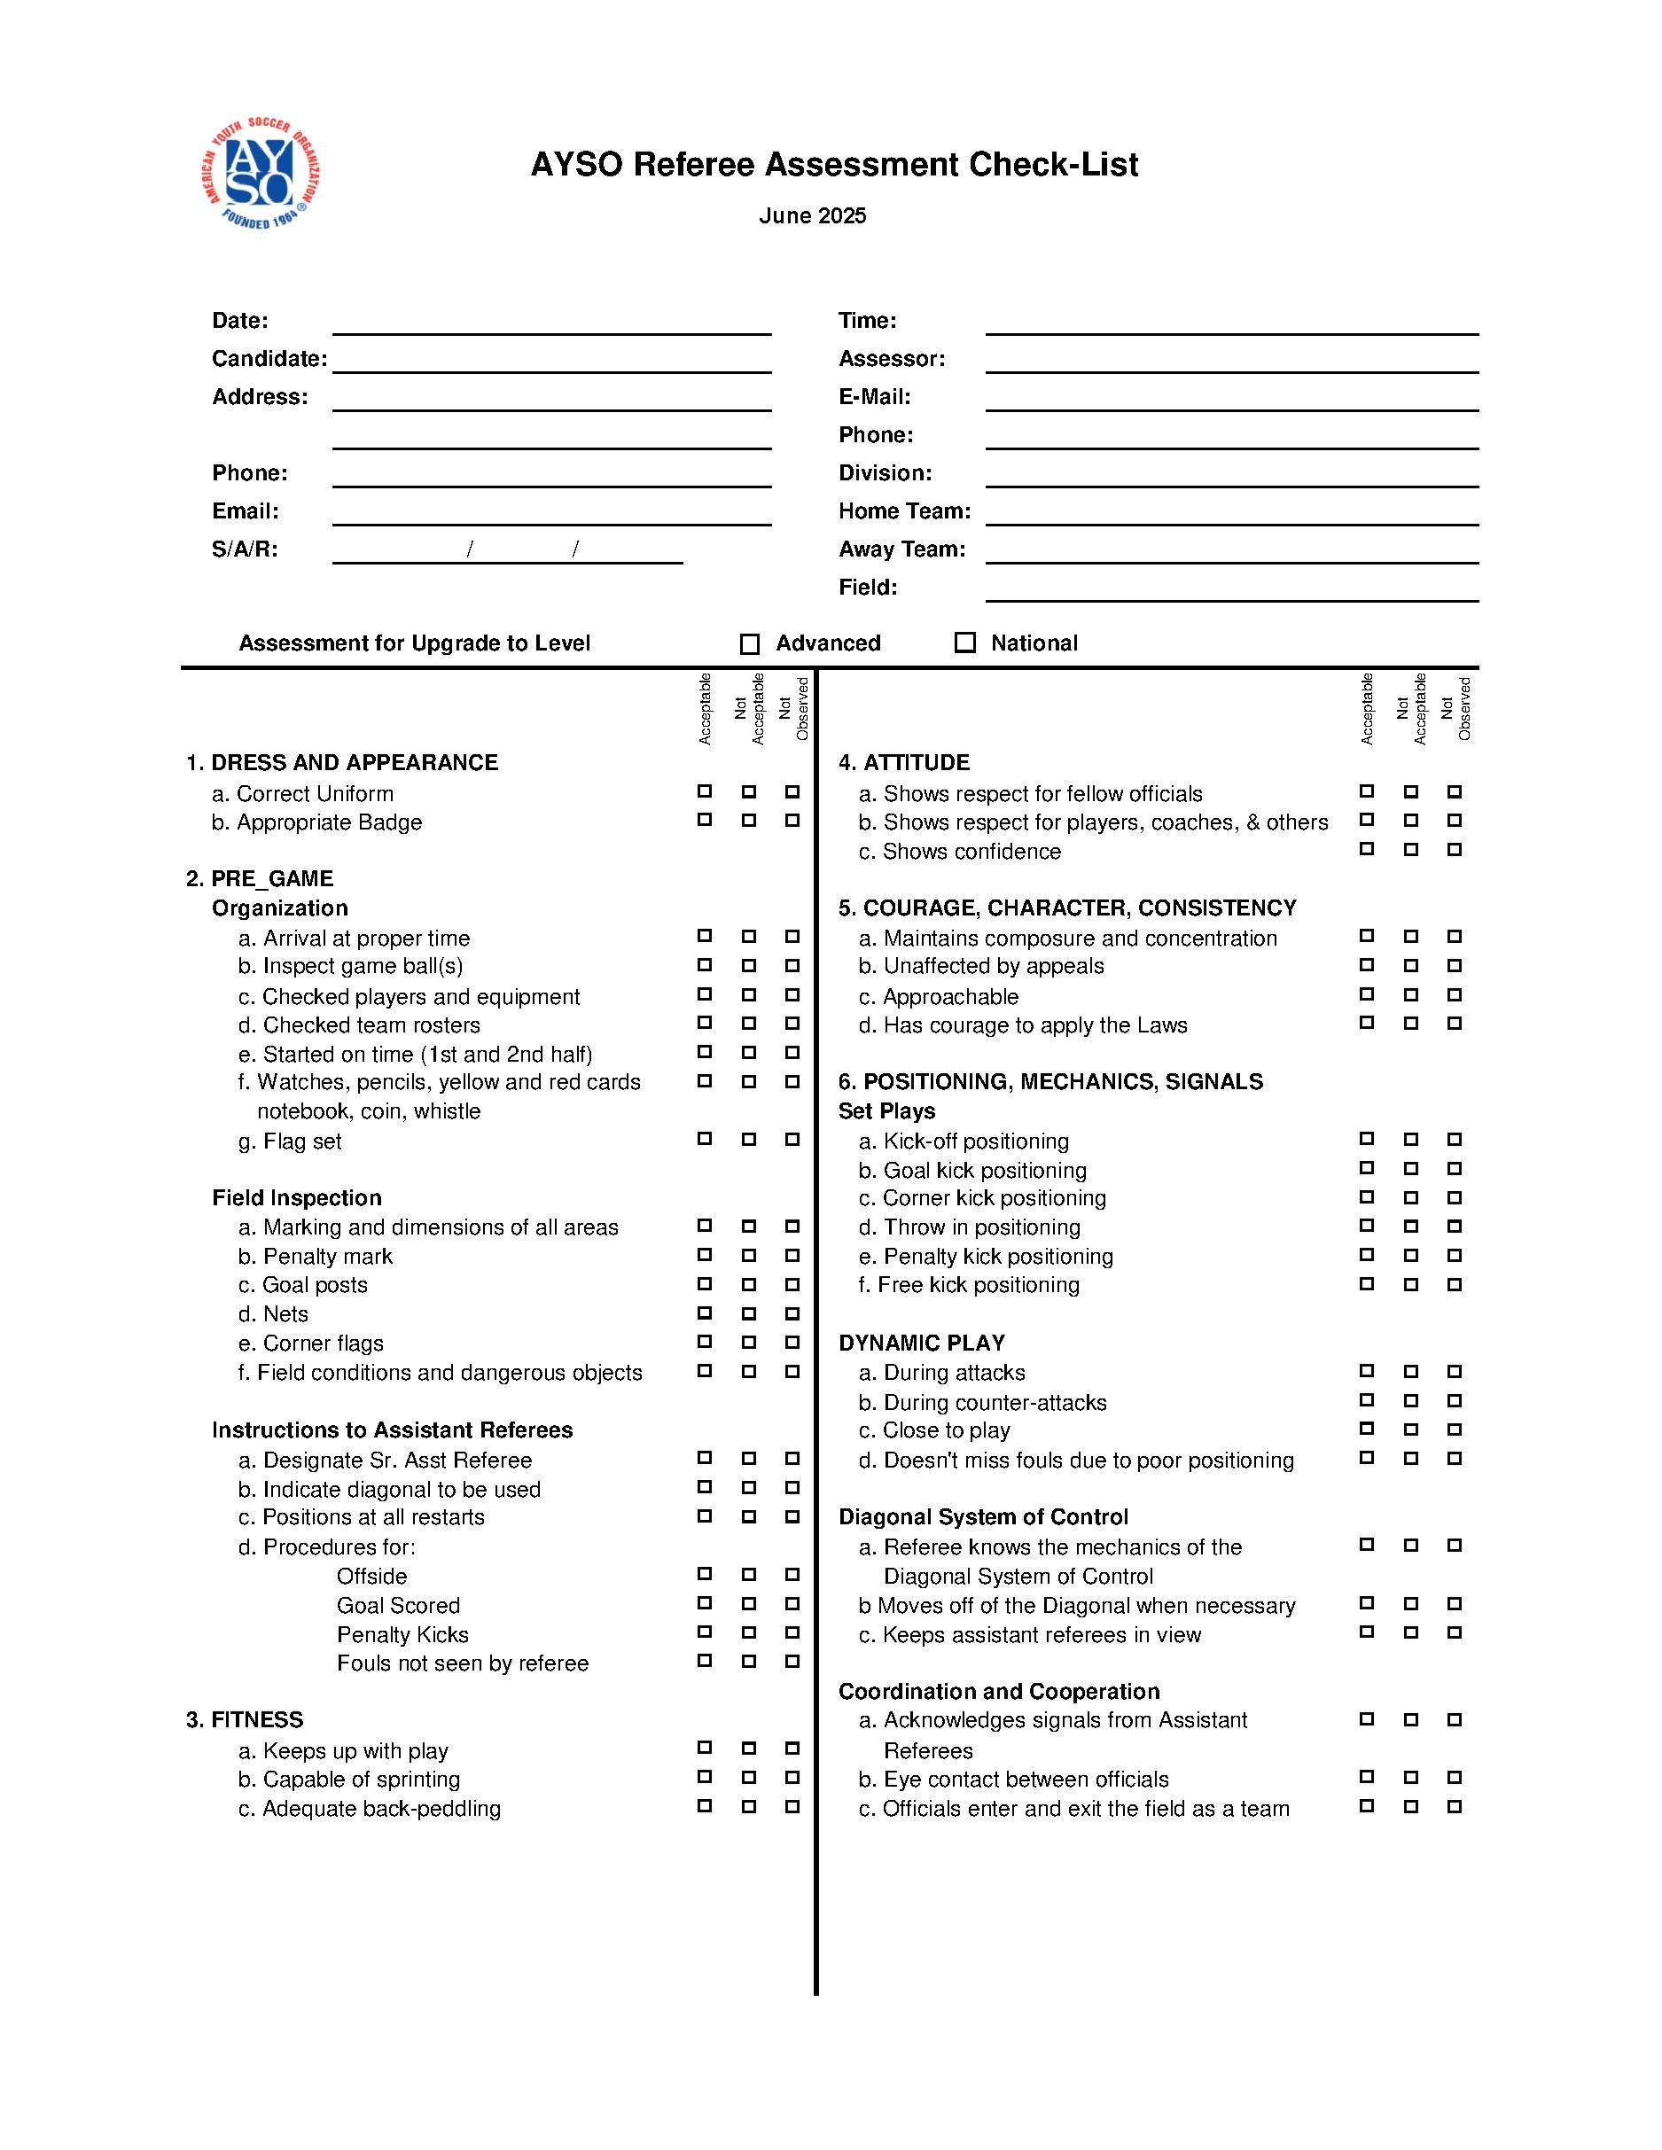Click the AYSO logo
(261, 175)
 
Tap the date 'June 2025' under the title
(812, 216)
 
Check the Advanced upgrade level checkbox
(749, 643)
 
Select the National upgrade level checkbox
(965, 643)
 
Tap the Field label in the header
(868, 588)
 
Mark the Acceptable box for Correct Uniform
(704, 791)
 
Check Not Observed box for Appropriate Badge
(792, 820)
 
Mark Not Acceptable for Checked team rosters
(748, 1023)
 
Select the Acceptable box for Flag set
(704, 1139)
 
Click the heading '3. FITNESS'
(246, 1720)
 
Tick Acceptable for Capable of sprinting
(704, 1777)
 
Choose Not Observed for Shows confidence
(1455, 849)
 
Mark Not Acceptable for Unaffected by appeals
(1410, 965)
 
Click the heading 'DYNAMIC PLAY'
(922, 1343)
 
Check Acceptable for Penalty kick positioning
(1367, 1255)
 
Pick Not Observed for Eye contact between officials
(1455, 1777)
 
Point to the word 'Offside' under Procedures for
(371, 1576)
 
